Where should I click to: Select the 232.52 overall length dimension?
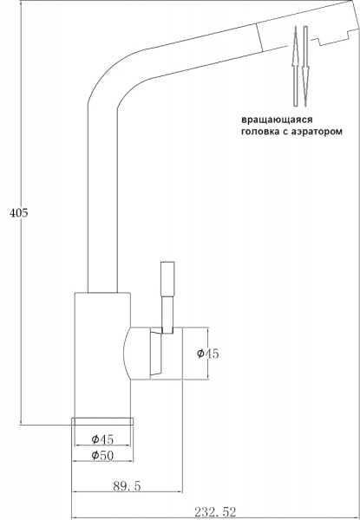click(x=218, y=512)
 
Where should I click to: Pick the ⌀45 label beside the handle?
click(x=208, y=353)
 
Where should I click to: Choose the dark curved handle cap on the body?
click(x=139, y=354)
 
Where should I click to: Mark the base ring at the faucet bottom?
click(x=102, y=421)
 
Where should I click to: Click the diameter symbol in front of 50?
click(x=93, y=456)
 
